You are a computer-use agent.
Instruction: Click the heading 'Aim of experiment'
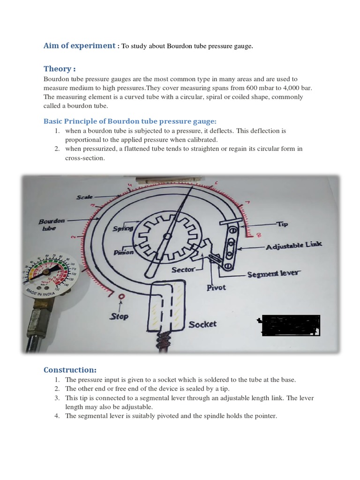[x=79, y=46]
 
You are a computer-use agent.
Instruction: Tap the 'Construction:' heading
[x=70, y=370]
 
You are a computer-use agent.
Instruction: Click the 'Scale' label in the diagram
[x=84, y=197]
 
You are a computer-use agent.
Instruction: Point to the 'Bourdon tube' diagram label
[x=52, y=224]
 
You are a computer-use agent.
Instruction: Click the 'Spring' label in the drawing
[x=123, y=229]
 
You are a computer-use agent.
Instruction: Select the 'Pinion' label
[x=124, y=252]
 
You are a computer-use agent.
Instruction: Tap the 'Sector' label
[x=183, y=270]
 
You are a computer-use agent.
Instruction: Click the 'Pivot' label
[x=216, y=288]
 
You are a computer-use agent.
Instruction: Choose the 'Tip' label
[x=283, y=225]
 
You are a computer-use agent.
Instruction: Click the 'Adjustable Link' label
[x=293, y=246]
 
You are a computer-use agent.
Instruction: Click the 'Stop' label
[x=119, y=316]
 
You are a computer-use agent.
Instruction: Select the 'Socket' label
[x=202, y=324]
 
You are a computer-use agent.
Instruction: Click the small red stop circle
[x=122, y=297]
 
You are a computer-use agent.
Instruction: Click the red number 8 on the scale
[x=259, y=235]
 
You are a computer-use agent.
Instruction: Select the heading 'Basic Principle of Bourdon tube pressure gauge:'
[x=130, y=121]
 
